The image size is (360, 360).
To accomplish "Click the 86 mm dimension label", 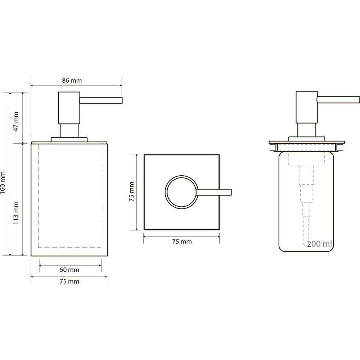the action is [x=72, y=81].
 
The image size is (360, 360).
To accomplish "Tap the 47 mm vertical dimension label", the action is [x=16, y=121].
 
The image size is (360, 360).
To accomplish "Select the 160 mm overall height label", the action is [x=3, y=183].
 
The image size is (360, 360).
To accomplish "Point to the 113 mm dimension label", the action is [x=15, y=213].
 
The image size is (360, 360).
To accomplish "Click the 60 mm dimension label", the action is [x=69, y=270].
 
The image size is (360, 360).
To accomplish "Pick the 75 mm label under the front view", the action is [x=69, y=281].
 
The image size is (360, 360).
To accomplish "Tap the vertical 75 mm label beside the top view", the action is [x=131, y=192].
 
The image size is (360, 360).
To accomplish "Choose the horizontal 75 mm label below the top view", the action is [x=182, y=242].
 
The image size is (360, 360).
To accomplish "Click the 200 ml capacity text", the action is [x=319, y=244].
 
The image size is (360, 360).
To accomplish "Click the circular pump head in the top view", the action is [x=166, y=192].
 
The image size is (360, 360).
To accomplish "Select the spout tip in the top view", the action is [x=231, y=192].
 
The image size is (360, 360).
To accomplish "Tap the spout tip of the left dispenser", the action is [x=122, y=100].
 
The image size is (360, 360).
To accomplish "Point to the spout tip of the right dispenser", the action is [x=359, y=100].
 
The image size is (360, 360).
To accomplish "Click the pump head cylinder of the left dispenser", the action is [x=69, y=108].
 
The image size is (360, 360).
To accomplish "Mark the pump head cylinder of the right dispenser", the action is [x=307, y=107].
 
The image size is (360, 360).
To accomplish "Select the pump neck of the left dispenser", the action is [x=69, y=131].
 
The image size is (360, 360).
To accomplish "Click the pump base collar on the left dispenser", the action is [x=69, y=140].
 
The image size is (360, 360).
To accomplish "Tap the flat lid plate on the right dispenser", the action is [x=307, y=142].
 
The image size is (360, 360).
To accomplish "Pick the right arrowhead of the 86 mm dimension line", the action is [x=120, y=86].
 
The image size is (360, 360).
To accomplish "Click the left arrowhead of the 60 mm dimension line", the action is [x=41, y=265].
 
